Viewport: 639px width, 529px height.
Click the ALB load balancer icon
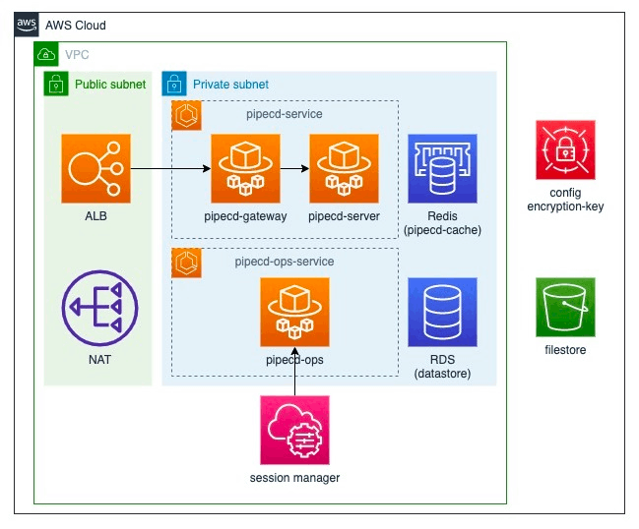click(x=96, y=168)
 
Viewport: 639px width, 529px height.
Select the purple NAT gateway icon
click(x=99, y=308)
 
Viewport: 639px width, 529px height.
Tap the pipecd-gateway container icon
click(x=245, y=168)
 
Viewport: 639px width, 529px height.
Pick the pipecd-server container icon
click(x=344, y=168)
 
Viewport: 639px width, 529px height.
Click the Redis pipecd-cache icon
click(x=442, y=168)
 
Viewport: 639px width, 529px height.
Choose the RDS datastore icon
click(x=442, y=312)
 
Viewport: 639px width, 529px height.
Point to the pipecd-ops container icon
click(x=294, y=312)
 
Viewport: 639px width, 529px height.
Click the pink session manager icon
click(x=294, y=430)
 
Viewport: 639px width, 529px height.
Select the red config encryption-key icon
click(x=565, y=149)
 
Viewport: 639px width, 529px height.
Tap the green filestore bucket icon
click(x=565, y=307)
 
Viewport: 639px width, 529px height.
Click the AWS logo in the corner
click(x=27, y=25)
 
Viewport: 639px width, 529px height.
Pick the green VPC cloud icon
click(x=46, y=54)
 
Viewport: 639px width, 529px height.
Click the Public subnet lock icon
click(x=56, y=84)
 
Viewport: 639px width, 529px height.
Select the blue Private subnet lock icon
click(x=174, y=84)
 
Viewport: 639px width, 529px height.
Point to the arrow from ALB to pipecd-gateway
click(x=170, y=168)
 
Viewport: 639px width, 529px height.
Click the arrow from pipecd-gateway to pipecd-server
click(x=294, y=168)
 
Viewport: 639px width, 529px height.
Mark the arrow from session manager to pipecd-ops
click(x=294, y=371)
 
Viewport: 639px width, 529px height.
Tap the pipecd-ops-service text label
click(x=284, y=262)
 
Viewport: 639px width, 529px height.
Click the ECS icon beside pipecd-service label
click(x=186, y=115)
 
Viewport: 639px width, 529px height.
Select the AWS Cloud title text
click(x=76, y=26)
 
